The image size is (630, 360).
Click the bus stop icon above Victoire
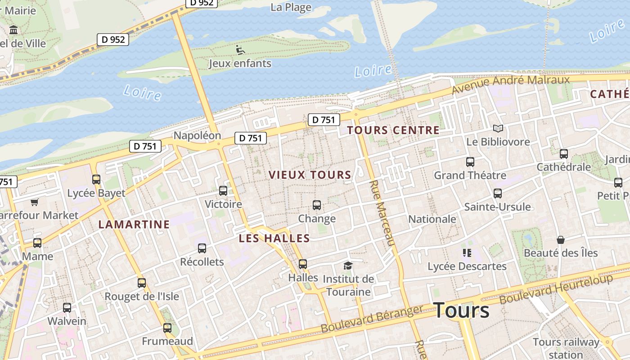[223, 191]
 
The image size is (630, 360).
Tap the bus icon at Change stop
[317, 205]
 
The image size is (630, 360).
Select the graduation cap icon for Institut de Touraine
[347, 265]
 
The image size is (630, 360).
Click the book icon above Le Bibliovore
[498, 129]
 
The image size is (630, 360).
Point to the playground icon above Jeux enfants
[240, 49]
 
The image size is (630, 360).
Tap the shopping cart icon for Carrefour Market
[35, 202]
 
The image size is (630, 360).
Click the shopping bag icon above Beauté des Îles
[560, 239]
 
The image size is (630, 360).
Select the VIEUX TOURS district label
[310, 175]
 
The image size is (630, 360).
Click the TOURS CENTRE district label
[393, 130]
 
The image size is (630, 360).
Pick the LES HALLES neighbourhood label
[274, 238]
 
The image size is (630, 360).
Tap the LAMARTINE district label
[134, 224]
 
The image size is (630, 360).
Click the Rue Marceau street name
[382, 213]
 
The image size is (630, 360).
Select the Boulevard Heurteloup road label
[556, 288]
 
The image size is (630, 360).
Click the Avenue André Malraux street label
[511, 84]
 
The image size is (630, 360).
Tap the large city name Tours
[461, 310]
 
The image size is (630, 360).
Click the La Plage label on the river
[291, 7]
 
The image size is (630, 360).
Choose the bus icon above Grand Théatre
[470, 162]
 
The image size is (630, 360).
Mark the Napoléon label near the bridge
[197, 135]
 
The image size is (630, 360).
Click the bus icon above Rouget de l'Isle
[142, 283]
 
